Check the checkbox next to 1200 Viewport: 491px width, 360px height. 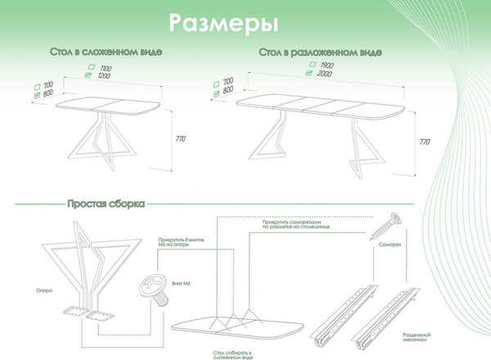[90, 75]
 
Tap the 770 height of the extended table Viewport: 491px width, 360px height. [424, 142]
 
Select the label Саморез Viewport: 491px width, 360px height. [388, 243]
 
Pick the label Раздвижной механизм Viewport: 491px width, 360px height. [418, 338]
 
